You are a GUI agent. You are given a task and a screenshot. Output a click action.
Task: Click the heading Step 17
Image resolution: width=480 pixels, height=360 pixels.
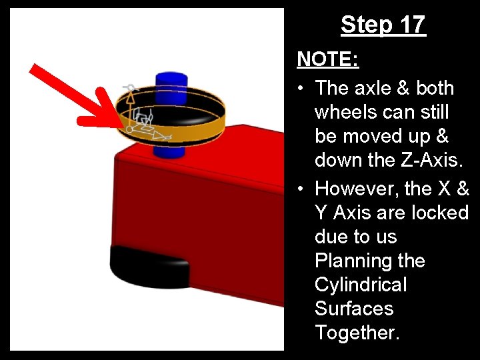(x=383, y=25)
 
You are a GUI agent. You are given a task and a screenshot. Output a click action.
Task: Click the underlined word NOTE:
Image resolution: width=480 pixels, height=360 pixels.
(x=328, y=60)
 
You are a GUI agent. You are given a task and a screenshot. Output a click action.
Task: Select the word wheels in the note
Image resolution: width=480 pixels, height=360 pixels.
(x=351, y=112)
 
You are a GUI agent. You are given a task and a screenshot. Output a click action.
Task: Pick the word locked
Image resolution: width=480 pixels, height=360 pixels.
(x=437, y=213)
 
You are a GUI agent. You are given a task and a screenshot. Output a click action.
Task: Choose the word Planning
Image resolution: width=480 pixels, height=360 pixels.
(x=369, y=261)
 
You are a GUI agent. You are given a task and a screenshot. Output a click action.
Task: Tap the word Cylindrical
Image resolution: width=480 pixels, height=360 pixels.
(x=360, y=285)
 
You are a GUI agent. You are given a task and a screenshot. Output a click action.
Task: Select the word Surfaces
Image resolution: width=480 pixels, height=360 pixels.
(x=353, y=309)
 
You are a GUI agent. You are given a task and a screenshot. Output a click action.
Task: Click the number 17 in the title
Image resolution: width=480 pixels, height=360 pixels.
(x=412, y=25)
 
